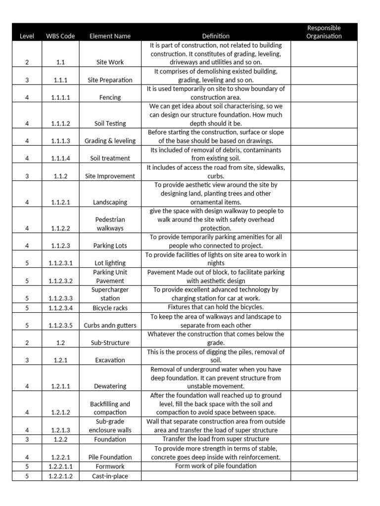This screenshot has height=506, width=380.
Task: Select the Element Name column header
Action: (x=110, y=36)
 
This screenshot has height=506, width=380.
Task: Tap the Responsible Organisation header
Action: (x=324, y=32)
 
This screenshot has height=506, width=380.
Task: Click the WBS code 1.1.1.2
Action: (x=60, y=124)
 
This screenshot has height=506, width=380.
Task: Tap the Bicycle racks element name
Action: (x=110, y=308)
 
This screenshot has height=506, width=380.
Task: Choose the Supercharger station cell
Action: (x=110, y=294)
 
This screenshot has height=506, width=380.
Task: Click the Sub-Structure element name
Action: (x=110, y=342)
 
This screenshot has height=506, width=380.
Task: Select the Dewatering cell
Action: (x=110, y=386)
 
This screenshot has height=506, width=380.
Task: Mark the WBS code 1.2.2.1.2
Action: (x=60, y=476)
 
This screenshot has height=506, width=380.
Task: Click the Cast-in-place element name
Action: (x=110, y=476)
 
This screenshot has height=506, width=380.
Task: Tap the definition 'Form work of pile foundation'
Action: (x=216, y=466)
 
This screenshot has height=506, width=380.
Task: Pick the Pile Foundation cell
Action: (x=110, y=457)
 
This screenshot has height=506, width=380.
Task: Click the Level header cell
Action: (x=27, y=36)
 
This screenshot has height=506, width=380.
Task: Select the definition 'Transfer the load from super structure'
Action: (x=216, y=439)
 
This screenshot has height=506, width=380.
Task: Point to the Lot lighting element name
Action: (x=110, y=263)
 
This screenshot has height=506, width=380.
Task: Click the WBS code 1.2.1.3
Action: (x=60, y=430)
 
